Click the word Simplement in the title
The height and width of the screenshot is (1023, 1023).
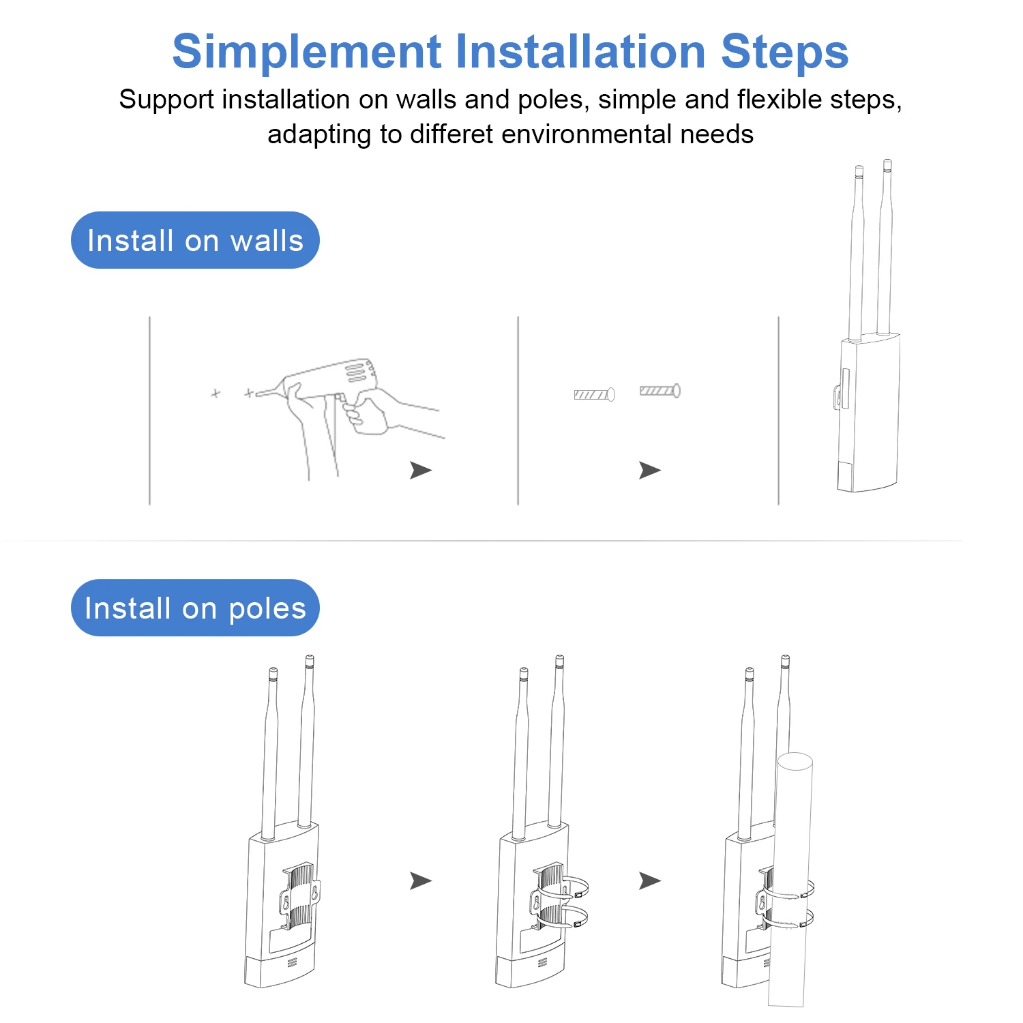point(307,53)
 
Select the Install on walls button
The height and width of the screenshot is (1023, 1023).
point(195,240)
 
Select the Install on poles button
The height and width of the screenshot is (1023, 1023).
point(195,608)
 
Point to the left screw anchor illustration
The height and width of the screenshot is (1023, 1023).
point(594,394)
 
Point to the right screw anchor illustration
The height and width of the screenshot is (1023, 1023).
point(659,391)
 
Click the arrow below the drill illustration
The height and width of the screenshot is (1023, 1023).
point(421,470)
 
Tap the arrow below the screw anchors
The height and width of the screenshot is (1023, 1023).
point(650,470)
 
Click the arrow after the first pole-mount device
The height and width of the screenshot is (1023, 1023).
point(421,880)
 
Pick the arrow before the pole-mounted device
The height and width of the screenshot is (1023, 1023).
point(650,880)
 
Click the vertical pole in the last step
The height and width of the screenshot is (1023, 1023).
point(791,880)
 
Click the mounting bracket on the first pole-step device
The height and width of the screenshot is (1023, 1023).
point(300,898)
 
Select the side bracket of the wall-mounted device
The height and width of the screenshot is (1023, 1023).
point(838,397)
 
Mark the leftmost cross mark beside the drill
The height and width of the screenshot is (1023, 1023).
point(216,394)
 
